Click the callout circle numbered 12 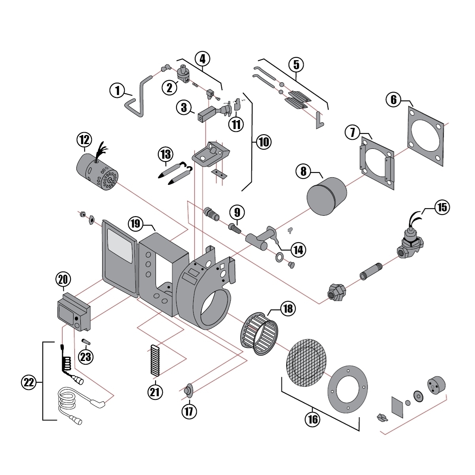tap(84, 140)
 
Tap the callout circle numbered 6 tap(393, 99)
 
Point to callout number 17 tap(189, 411)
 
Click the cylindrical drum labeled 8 tap(327, 196)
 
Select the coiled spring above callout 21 tap(155, 361)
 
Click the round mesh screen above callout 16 tap(307, 362)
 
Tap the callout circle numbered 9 tap(237, 213)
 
